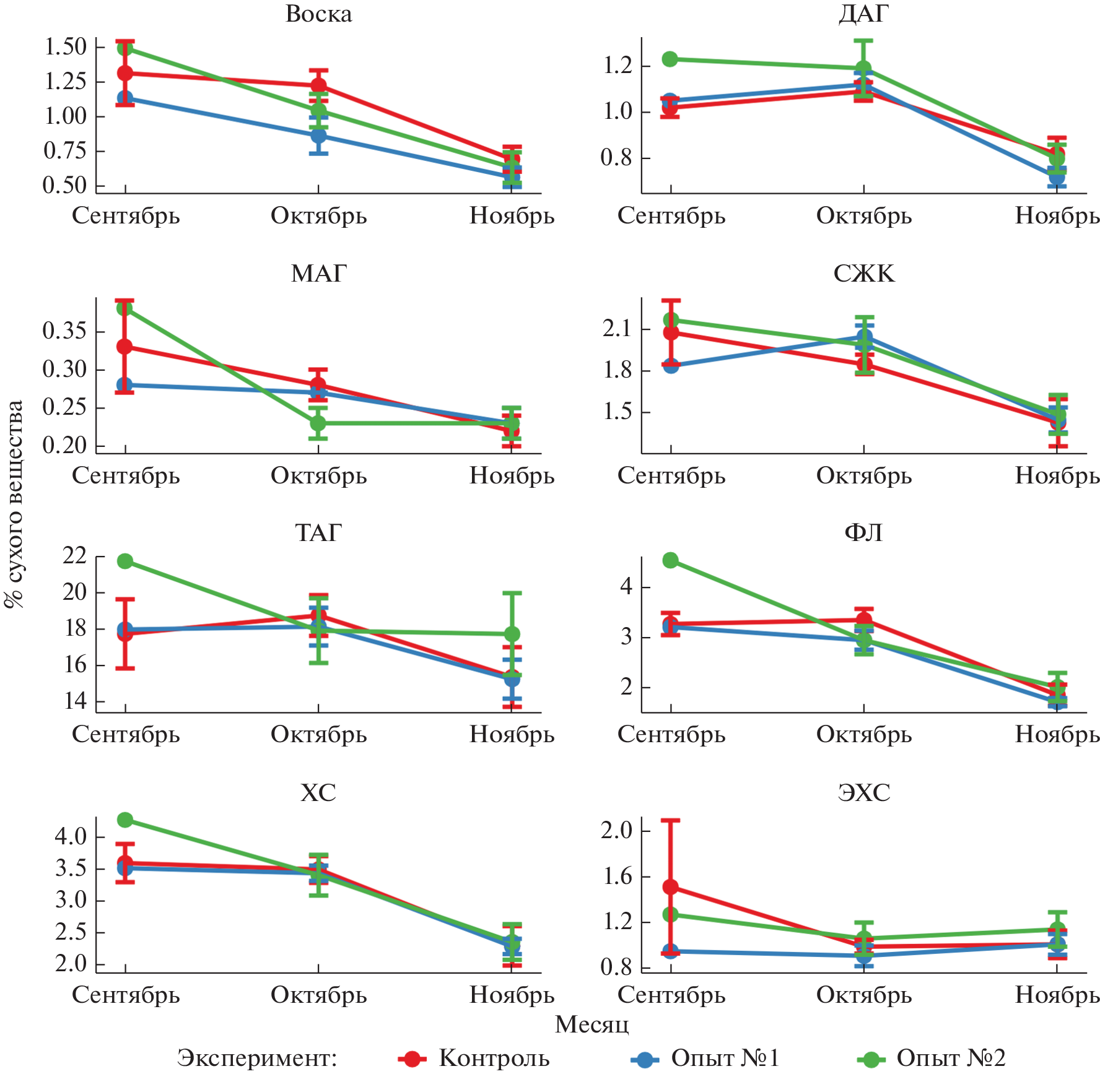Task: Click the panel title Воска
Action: [x=318, y=14]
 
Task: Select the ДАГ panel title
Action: [x=863, y=14]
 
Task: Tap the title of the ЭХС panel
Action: [x=863, y=792]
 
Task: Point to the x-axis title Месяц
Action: [x=591, y=1024]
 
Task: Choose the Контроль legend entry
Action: [x=494, y=1058]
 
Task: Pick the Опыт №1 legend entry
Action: [x=725, y=1058]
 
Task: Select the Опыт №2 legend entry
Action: [x=951, y=1058]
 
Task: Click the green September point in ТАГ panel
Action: [x=125, y=561]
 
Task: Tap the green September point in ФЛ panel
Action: [x=670, y=560]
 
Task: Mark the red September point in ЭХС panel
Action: [x=670, y=887]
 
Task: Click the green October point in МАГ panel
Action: [x=318, y=423]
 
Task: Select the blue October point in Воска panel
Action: [x=318, y=135]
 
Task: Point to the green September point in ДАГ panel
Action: [x=670, y=59]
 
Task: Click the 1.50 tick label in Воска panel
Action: [x=65, y=46]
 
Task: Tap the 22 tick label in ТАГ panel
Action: [x=74, y=556]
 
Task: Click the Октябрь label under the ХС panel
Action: [x=318, y=995]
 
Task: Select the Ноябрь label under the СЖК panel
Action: [x=1057, y=475]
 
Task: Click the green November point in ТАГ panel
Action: [x=512, y=634]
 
